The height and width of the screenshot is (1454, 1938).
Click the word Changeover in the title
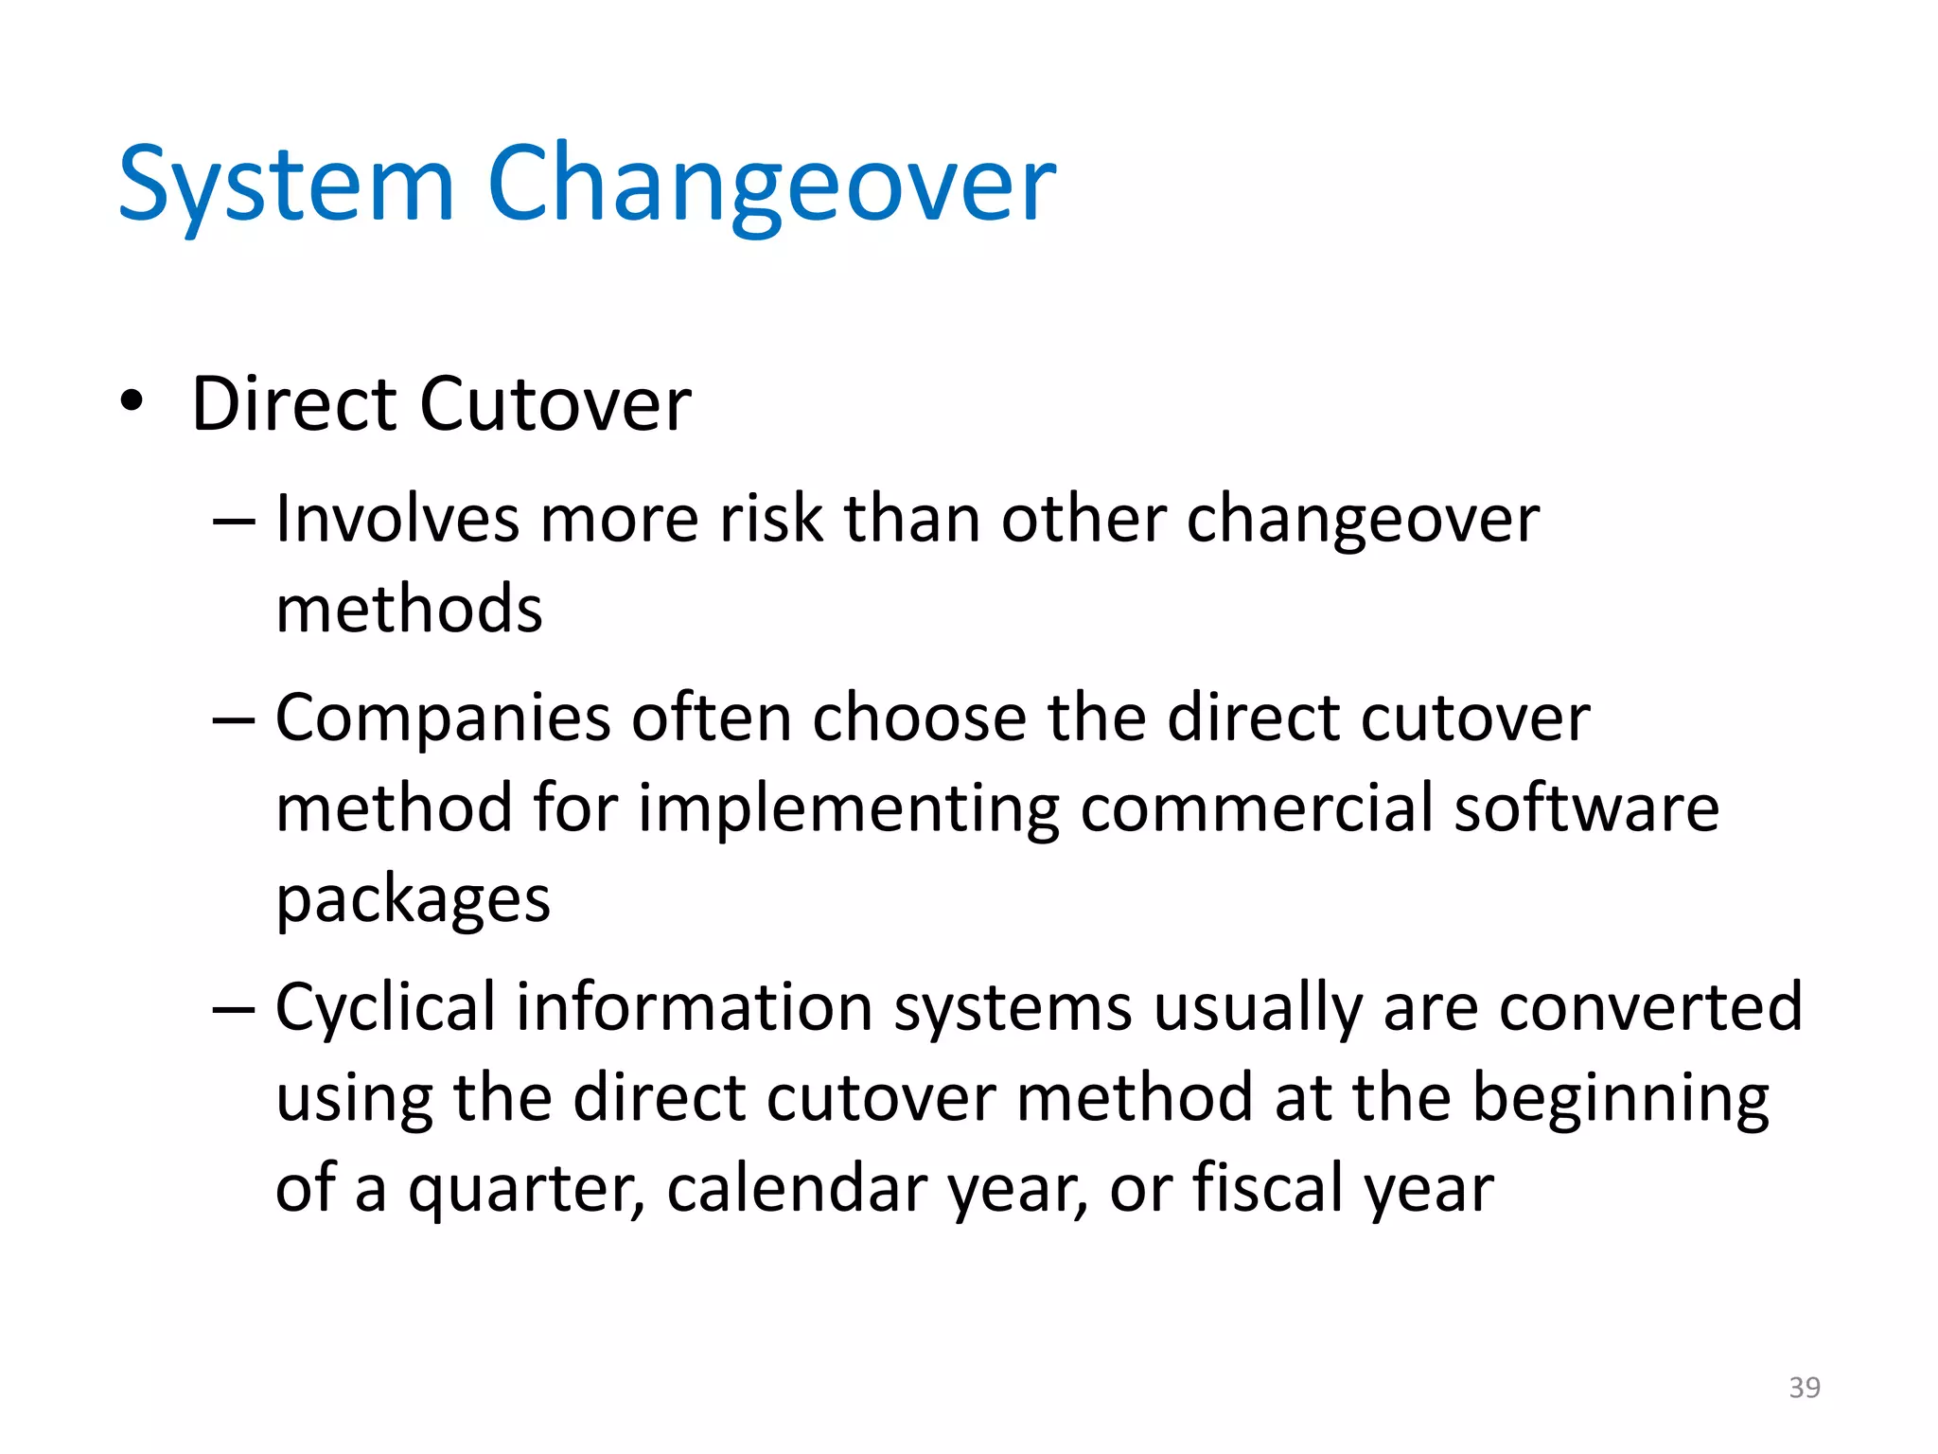pos(771,185)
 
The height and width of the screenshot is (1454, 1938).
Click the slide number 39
pos(1804,1387)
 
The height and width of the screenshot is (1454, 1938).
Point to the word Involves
pos(397,520)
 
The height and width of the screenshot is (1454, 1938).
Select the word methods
pos(409,609)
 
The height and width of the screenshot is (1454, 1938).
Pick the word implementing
pos(848,810)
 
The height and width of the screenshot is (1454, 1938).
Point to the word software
pos(1586,808)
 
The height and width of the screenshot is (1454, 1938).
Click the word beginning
pos(1620,1100)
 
